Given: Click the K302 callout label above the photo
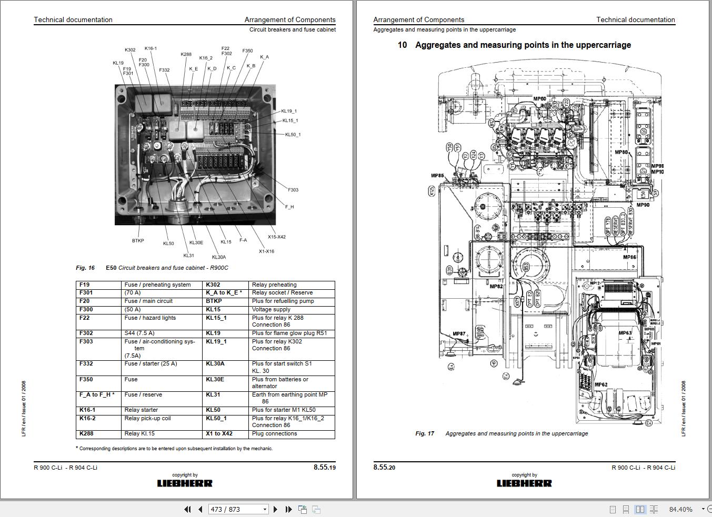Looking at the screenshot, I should [x=130, y=50].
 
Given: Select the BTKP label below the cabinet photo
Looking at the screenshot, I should [x=138, y=241].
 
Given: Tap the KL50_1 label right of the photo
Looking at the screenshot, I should [x=293, y=135].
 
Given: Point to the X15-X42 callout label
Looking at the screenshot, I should [x=276, y=237].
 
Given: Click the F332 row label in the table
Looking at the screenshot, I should [x=86, y=364].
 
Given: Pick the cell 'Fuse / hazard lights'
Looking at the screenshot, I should [x=150, y=318].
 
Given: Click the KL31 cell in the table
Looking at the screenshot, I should [x=213, y=394].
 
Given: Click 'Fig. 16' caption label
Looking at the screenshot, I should [x=85, y=268].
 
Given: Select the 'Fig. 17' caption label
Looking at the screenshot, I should [x=425, y=433].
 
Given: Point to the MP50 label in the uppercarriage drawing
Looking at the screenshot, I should [x=539, y=99].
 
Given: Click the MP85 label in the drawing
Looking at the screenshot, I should [x=437, y=176].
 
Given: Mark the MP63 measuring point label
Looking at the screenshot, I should [x=625, y=333].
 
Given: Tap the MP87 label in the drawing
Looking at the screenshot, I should [x=459, y=333].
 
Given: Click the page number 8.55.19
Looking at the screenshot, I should [x=324, y=467].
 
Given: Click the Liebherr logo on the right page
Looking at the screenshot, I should [x=524, y=483].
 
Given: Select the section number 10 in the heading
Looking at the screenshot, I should [x=402, y=45].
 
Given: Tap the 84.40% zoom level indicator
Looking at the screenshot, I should [x=680, y=509].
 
